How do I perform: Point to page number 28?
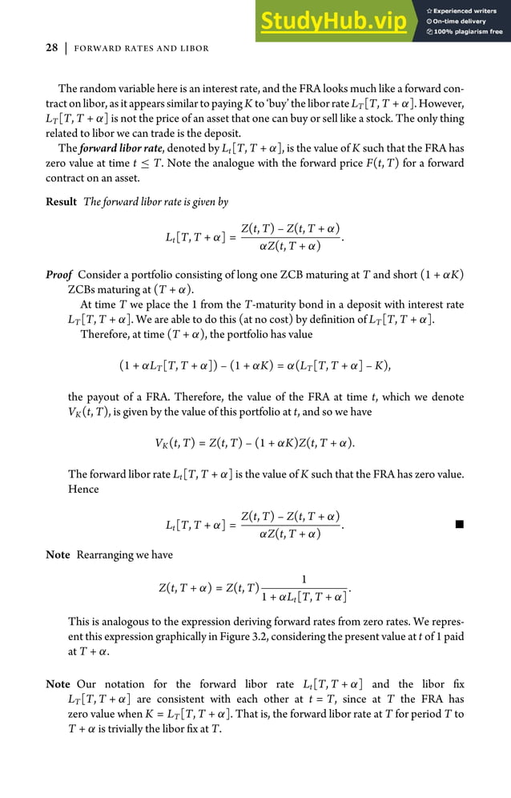(50, 49)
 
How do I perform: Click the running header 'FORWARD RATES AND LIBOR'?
(141, 49)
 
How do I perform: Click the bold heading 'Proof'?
(59, 275)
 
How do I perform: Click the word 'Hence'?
(83, 490)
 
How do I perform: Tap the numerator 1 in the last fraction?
(304, 578)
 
